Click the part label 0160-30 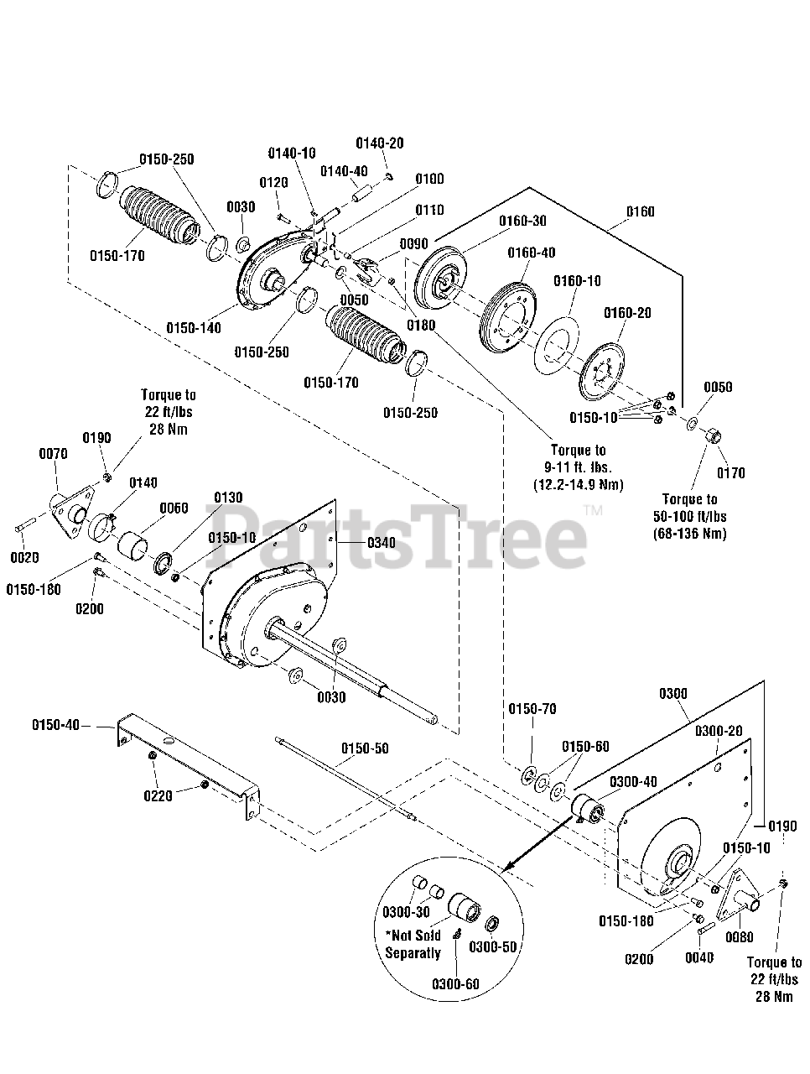pos(522,221)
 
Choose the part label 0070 pos(53,454)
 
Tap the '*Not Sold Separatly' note pos(413,944)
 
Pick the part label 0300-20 pos(718,731)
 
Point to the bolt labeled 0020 pos(25,528)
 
